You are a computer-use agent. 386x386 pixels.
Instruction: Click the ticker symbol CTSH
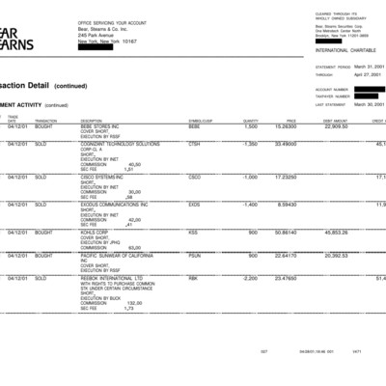pos(194,144)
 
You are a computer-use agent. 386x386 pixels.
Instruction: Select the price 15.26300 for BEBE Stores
pos(286,126)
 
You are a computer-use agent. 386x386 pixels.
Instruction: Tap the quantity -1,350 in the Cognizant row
pos(248,144)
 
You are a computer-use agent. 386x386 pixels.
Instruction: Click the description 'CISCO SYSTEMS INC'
pos(107,178)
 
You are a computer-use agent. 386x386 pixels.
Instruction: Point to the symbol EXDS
pos(194,205)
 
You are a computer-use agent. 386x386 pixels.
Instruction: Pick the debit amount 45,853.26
pos(336,233)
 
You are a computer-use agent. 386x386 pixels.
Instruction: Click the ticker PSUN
pos(195,256)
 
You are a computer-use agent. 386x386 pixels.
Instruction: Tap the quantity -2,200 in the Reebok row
pos(248,279)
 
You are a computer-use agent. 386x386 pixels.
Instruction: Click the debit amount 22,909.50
pos(336,126)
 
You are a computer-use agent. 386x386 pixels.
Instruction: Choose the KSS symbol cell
pos(193,233)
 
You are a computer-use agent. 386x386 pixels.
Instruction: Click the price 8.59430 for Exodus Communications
pos(288,205)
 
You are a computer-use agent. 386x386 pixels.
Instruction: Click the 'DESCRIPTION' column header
pos(92,121)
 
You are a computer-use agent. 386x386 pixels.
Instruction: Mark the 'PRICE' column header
pos(290,121)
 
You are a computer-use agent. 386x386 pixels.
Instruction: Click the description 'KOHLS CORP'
pos(97,233)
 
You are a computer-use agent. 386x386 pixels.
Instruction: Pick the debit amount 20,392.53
pos(336,256)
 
